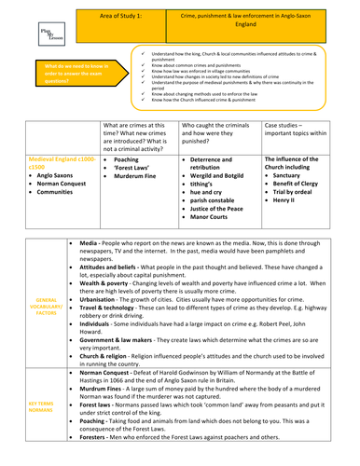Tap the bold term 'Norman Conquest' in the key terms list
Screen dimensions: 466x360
click(x=109, y=370)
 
